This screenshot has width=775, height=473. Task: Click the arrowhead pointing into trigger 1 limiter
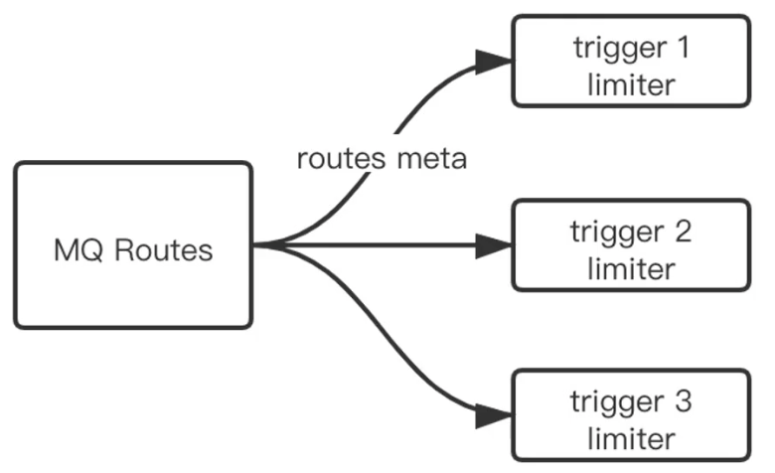click(x=493, y=62)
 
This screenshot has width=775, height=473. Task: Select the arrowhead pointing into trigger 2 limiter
click(x=493, y=244)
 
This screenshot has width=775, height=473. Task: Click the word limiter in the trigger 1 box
click(x=631, y=83)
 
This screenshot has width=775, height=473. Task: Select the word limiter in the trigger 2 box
click(x=631, y=268)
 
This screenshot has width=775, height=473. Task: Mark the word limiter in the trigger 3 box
click(x=631, y=438)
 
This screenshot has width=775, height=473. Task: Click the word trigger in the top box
click(x=617, y=47)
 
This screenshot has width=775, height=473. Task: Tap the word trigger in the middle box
click(x=617, y=233)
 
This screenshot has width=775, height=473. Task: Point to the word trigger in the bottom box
click(x=617, y=402)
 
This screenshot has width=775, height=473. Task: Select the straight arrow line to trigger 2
click(x=387, y=244)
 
